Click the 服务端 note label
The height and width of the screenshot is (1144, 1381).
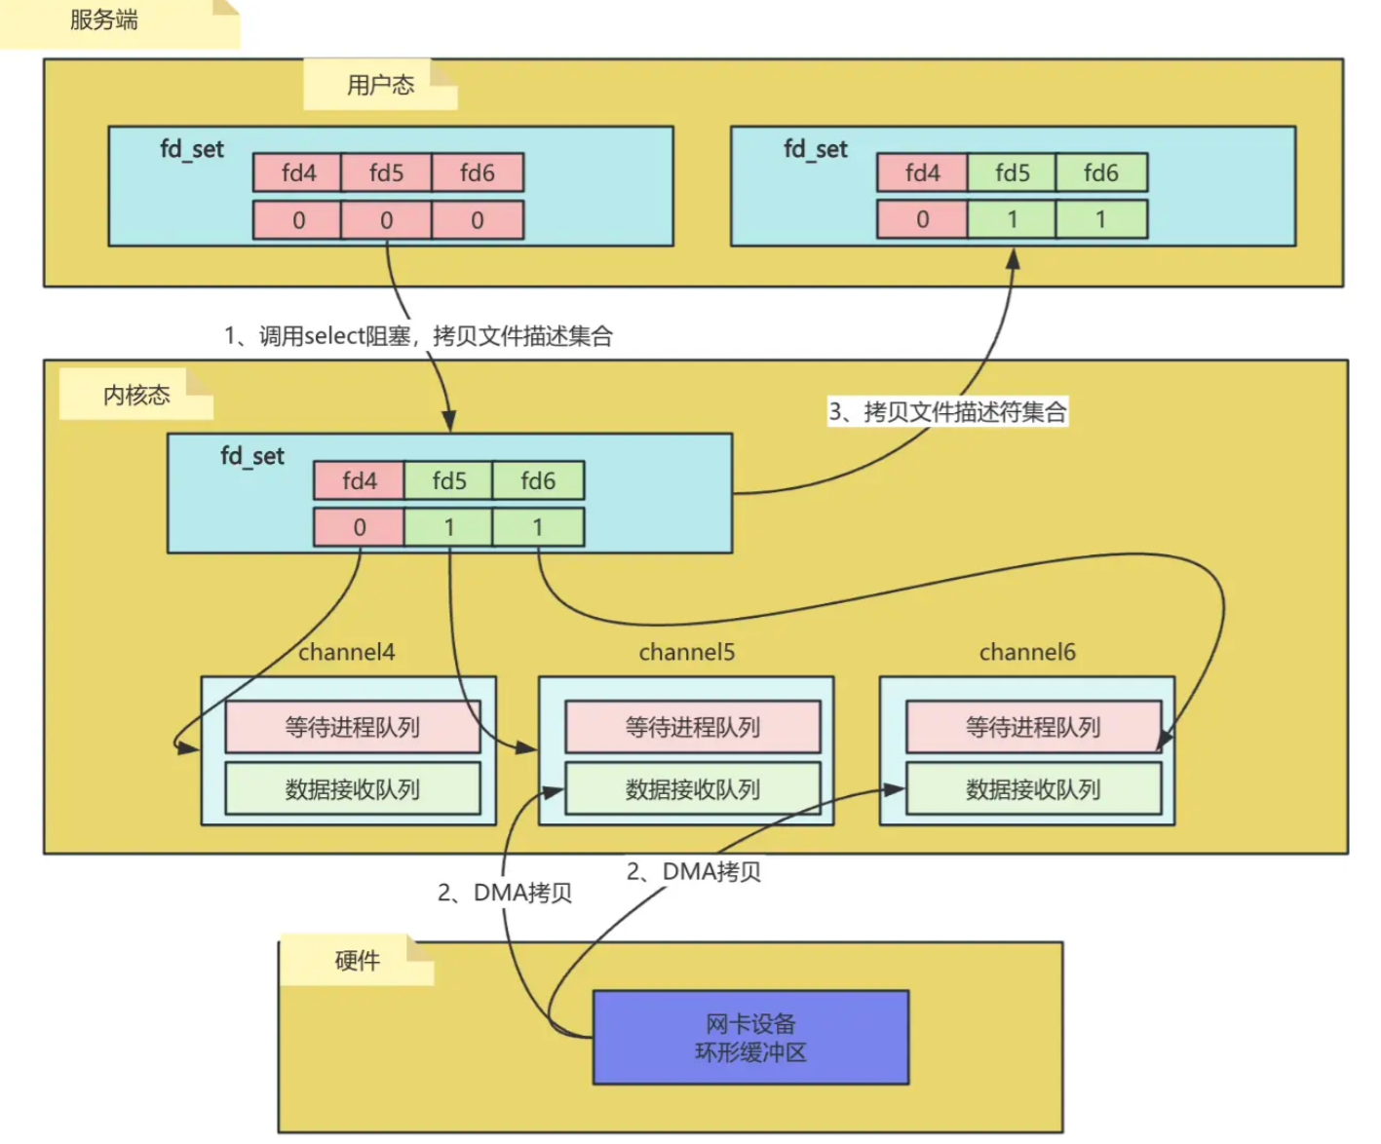click(104, 20)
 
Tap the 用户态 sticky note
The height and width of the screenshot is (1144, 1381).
click(380, 85)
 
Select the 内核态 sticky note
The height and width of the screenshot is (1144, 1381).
click(136, 395)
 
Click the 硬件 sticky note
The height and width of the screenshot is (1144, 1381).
click(357, 961)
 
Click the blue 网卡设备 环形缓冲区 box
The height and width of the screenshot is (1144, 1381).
click(750, 1038)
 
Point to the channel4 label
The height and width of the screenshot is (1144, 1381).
click(346, 652)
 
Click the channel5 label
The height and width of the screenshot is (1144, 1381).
click(686, 652)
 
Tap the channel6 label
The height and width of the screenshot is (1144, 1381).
click(1027, 652)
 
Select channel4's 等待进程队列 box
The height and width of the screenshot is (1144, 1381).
click(352, 727)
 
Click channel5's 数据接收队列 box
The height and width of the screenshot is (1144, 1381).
click(692, 789)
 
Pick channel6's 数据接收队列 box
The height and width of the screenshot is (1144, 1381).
click(1033, 789)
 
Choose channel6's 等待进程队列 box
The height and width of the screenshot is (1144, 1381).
click(1033, 727)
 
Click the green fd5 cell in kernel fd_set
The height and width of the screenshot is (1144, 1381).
click(448, 480)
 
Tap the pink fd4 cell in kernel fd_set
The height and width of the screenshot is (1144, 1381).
click(359, 480)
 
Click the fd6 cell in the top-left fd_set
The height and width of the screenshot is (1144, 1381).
click(477, 172)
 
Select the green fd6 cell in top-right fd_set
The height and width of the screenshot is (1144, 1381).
click(1100, 172)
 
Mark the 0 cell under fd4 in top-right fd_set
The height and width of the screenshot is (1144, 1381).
click(922, 219)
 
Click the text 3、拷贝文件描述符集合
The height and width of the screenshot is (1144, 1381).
click(947, 411)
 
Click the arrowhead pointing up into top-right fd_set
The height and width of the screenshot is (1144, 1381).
click(1013, 258)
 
